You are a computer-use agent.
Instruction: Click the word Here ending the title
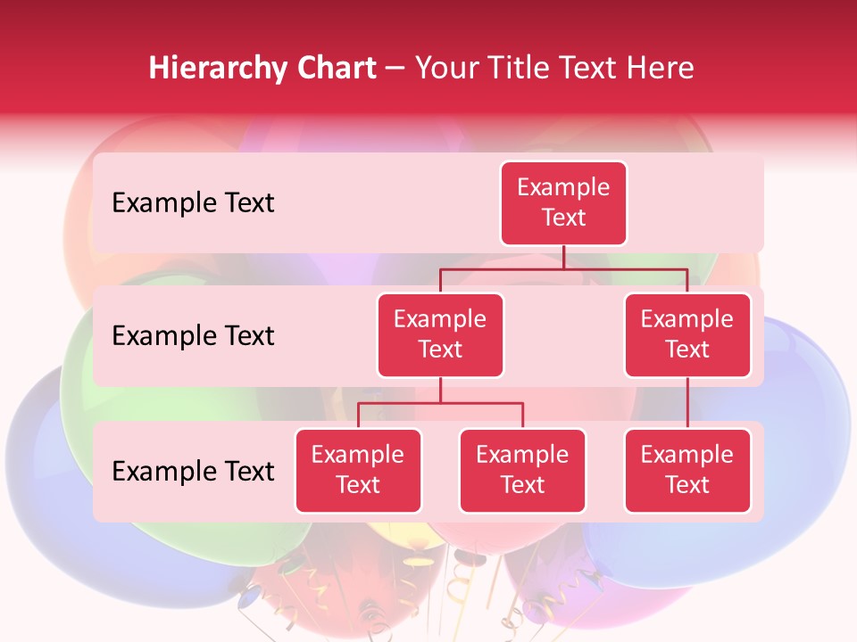(661, 69)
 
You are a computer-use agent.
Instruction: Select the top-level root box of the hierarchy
(563, 203)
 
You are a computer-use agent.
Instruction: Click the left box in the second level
(440, 335)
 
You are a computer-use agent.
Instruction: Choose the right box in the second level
(687, 335)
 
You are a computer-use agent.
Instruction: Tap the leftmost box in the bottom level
(358, 471)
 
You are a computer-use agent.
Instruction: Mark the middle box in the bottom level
(522, 471)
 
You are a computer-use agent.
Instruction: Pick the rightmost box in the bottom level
(687, 471)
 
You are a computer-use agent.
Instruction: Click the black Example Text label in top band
(193, 203)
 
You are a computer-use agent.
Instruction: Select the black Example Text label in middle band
(193, 336)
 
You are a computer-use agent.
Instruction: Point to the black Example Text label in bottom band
(193, 472)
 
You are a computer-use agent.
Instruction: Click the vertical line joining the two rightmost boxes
(687, 403)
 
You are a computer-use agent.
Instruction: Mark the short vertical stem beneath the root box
(563, 257)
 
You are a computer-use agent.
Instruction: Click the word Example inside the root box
(563, 188)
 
